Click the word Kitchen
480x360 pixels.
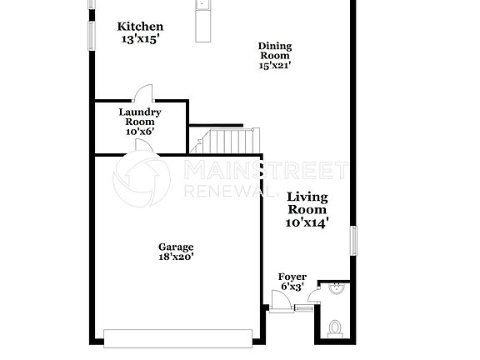(139, 27)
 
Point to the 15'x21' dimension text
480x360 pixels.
(274, 65)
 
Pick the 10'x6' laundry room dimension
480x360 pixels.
(139, 131)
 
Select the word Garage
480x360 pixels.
(176, 247)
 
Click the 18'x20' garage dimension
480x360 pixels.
(176, 257)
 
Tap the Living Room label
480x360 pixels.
(307, 203)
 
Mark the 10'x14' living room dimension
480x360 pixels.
(307, 222)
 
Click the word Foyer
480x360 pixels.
(292, 277)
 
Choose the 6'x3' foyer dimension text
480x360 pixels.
(292, 287)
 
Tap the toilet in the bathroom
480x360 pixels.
(334, 327)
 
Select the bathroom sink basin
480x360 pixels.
(336, 290)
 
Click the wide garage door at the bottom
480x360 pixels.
(177, 337)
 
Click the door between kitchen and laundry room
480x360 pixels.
(144, 93)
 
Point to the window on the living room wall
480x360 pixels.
(353, 241)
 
